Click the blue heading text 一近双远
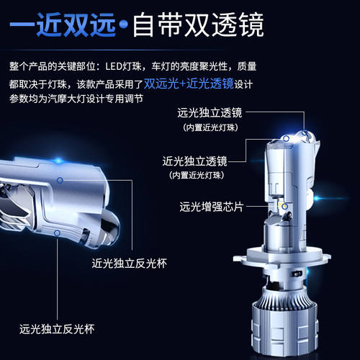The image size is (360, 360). pyautogui.click(x=63, y=25)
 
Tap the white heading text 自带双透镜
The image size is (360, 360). pyautogui.click(x=198, y=25)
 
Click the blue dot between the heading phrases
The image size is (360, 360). pyautogui.click(x=124, y=24)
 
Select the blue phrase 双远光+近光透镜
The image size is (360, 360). pyautogui.click(x=189, y=84)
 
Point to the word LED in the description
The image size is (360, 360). pyautogui.click(x=114, y=66)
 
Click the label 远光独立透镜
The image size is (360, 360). pyautogui.click(x=210, y=112)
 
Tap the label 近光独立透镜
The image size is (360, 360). pyautogui.click(x=194, y=161)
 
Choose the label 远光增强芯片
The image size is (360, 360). pyautogui.click(x=212, y=207)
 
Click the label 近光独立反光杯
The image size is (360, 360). pyautogui.click(x=129, y=264)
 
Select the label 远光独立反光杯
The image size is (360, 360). pyautogui.click(x=57, y=329)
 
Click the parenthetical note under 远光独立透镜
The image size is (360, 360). pyautogui.click(x=210, y=127)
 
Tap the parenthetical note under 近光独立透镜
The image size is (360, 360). pyautogui.click(x=197, y=175)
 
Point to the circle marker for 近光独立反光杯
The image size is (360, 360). pyautogui.click(x=60, y=180)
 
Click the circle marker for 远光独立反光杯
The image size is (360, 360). pyautogui.click(x=57, y=233)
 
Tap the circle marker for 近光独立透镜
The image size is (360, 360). pyautogui.click(x=286, y=138)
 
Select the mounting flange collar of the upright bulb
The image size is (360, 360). pyautogui.click(x=282, y=258)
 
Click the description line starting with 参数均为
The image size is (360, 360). pyautogui.click(x=76, y=99)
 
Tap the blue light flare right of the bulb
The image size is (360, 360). pyautogui.click(x=319, y=198)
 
